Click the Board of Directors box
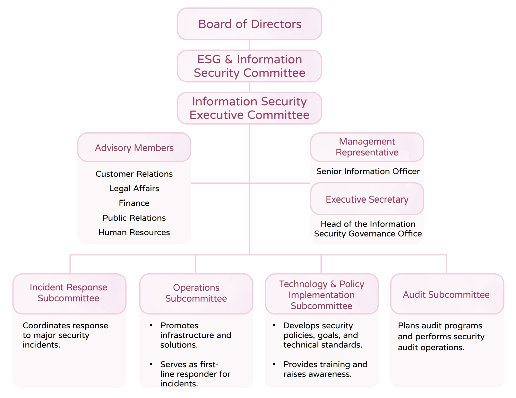pos(249,24)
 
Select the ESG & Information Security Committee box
pos(249,66)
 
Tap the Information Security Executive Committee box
pos(249,108)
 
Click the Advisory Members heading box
pos(134,147)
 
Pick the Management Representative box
pos(367,147)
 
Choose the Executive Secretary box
pos(367,199)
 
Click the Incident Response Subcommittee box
pos(69,294)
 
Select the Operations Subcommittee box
pos(196,294)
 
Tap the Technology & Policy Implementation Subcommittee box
pos(322,294)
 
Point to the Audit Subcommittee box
pos(447,294)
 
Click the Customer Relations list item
pos(134,174)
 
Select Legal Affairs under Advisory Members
pos(134,189)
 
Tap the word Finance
pos(134,203)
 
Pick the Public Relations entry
pos(134,218)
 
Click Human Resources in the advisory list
pos(134,232)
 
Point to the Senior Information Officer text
pos(368,171)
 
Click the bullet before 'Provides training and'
pos(274,364)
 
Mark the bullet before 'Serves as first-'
pos(151,364)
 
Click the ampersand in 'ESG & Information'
pos(229,59)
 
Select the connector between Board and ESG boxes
pos(249,45)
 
